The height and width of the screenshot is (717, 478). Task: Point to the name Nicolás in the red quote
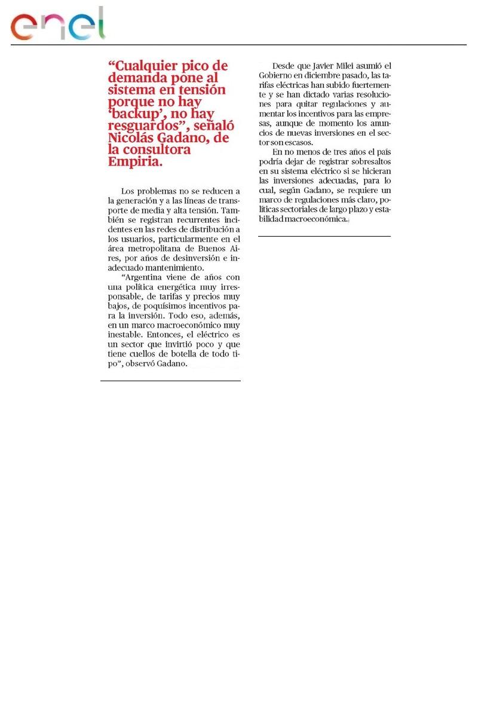133,139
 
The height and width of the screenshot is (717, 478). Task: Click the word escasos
296,142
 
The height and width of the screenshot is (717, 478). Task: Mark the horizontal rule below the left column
170,381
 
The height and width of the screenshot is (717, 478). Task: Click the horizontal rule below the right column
324,236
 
